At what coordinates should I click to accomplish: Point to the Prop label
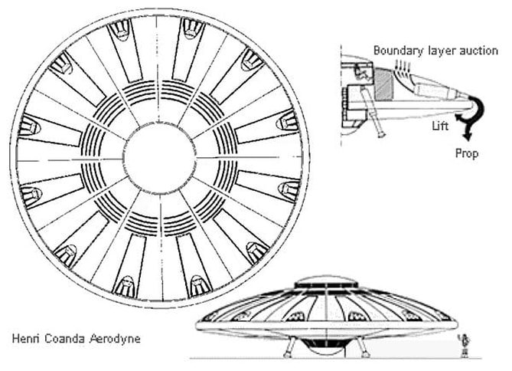[467, 154]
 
